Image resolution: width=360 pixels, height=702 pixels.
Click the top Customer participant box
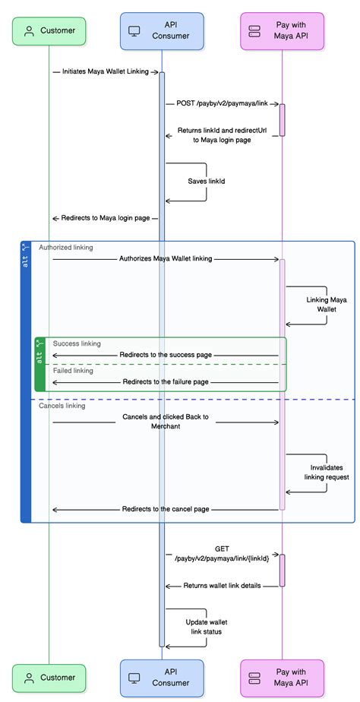49,31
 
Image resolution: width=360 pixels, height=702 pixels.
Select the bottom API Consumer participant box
162,678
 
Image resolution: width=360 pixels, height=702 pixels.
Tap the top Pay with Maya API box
282,31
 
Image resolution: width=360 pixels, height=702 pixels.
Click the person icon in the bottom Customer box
30,678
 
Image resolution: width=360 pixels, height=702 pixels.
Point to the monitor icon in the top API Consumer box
134,31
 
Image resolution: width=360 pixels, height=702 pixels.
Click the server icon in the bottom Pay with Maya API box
254,678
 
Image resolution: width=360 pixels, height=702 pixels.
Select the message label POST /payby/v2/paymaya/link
222,104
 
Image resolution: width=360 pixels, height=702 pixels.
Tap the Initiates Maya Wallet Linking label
106,71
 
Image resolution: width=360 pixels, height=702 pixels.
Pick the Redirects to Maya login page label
106,219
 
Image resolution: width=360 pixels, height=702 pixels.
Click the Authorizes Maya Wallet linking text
166,259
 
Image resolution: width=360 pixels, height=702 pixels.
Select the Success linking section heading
77,344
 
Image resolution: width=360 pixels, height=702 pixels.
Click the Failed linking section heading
73,371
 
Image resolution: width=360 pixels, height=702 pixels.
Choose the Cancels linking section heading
62,406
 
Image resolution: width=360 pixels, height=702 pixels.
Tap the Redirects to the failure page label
166,382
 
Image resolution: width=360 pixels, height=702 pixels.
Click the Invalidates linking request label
327,473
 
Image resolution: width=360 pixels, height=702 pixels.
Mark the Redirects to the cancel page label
166,509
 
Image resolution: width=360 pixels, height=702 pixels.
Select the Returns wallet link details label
222,585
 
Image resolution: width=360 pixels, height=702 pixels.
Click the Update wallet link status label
204,627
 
